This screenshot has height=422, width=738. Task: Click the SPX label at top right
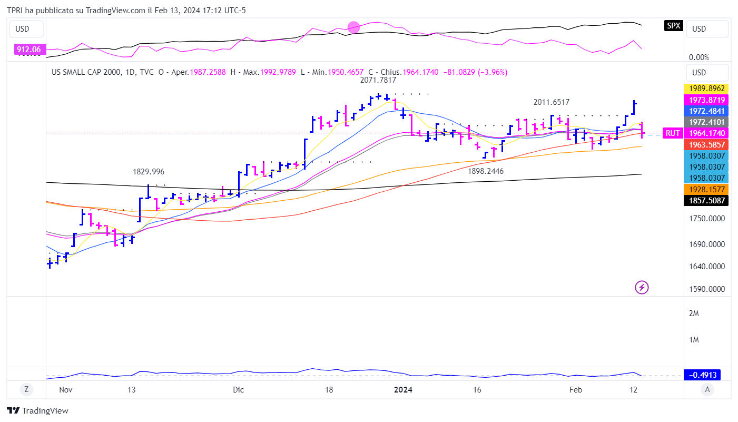click(673, 25)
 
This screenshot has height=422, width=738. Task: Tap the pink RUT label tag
click(673, 133)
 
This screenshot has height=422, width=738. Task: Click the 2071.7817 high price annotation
click(378, 81)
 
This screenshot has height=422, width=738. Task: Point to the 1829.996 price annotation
click(148, 172)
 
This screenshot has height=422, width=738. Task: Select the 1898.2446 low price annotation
click(486, 171)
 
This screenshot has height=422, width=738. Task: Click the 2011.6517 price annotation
click(551, 102)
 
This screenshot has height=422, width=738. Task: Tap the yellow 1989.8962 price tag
click(706, 89)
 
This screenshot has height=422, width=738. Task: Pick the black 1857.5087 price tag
click(706, 200)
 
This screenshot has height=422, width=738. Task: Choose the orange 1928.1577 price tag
click(706, 189)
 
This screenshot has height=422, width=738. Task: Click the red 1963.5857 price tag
click(706, 144)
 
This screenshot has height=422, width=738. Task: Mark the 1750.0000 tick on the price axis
click(706, 219)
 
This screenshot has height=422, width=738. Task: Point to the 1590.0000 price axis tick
click(706, 289)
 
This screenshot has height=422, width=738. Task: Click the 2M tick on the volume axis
click(694, 313)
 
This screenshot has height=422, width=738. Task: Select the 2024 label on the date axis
click(403, 390)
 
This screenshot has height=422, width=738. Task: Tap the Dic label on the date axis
click(238, 390)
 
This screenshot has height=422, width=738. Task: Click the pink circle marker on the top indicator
click(353, 27)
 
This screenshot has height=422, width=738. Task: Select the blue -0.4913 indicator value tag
click(702, 375)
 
